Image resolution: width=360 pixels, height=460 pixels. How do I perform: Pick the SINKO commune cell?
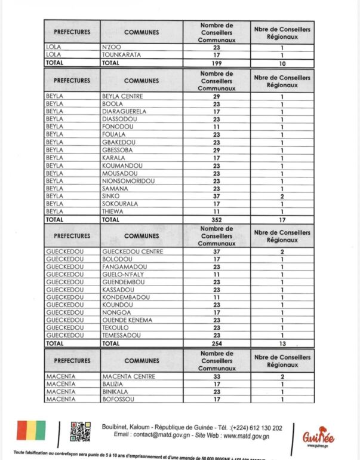coord(111,196)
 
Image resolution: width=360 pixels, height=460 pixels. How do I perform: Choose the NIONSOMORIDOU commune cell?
coord(128,181)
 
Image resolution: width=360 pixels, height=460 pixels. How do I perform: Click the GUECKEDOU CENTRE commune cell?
coord(133,252)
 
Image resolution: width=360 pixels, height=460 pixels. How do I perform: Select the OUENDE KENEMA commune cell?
coord(128,320)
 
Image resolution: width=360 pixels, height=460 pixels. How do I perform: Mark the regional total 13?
coord(282,344)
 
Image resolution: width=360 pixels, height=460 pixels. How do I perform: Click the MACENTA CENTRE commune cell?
coord(129,376)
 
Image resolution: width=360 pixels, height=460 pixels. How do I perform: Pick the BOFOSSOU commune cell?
coord(118,399)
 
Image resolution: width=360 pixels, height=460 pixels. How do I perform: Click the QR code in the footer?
coord(80,431)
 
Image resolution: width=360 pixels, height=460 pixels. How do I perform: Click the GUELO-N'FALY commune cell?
coord(125,274)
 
